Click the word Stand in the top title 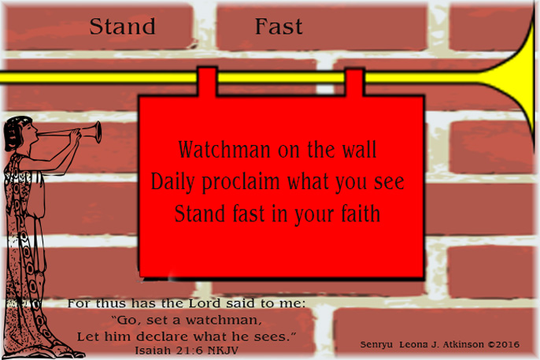[122, 27]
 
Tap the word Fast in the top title [279, 27]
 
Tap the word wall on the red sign [358, 149]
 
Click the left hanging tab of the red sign [207, 81]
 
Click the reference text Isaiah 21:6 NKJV [187, 349]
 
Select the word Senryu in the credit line [376, 345]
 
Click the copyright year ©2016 [504, 345]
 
